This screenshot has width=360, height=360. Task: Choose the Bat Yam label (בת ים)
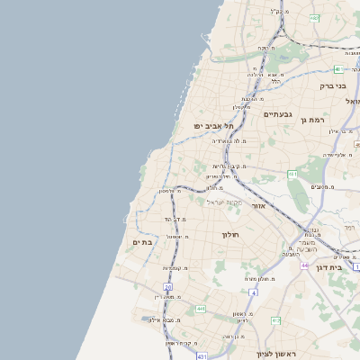pyautogui.click(x=142, y=241)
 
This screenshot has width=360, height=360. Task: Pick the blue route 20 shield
pyautogui.click(x=168, y=286)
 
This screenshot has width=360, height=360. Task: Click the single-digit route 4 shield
pyautogui.click(x=255, y=292)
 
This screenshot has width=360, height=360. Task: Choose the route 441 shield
pyautogui.click(x=200, y=308)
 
